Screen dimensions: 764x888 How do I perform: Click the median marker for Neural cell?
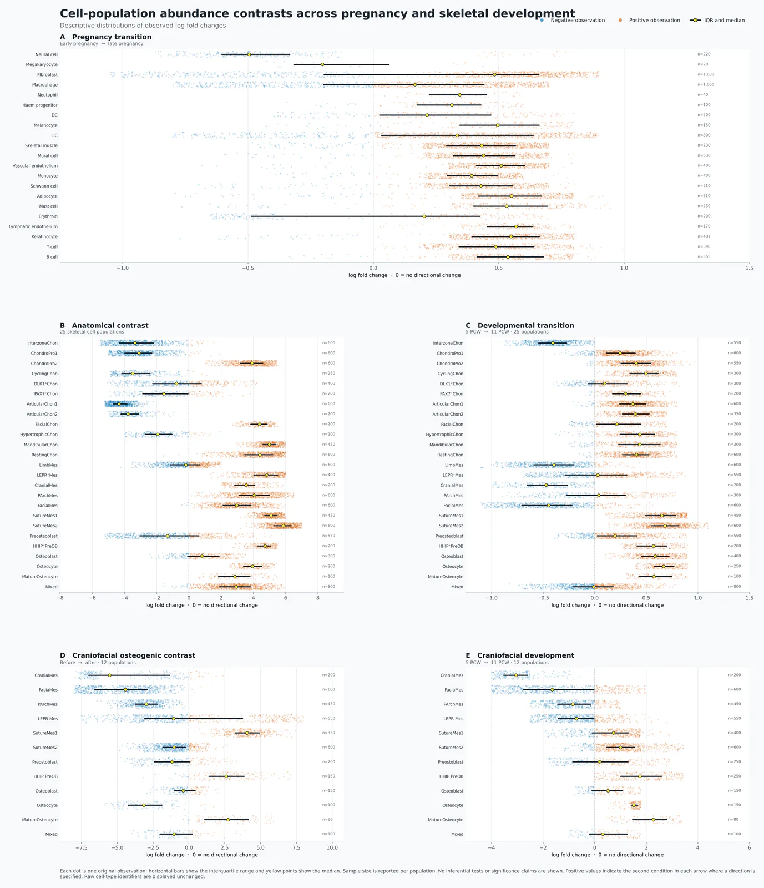249,54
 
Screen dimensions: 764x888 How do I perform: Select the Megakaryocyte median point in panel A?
322,64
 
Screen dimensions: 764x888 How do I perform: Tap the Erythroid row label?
48,216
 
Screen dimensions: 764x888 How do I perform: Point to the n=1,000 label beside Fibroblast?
706,74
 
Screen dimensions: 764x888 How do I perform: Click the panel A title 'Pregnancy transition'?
112,37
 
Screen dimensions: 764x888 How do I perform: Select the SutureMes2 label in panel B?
45,526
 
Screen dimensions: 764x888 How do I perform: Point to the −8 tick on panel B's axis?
60,598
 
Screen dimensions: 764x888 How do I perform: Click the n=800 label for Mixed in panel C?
734,587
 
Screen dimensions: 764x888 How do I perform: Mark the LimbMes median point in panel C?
553,465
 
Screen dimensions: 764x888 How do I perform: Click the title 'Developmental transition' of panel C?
526,326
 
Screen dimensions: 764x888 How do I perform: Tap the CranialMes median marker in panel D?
110,675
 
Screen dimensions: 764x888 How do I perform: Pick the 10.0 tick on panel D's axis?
332,848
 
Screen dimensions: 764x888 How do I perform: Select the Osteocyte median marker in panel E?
634,805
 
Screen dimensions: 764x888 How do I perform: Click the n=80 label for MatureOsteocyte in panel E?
733,820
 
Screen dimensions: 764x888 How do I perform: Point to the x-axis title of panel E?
608,855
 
